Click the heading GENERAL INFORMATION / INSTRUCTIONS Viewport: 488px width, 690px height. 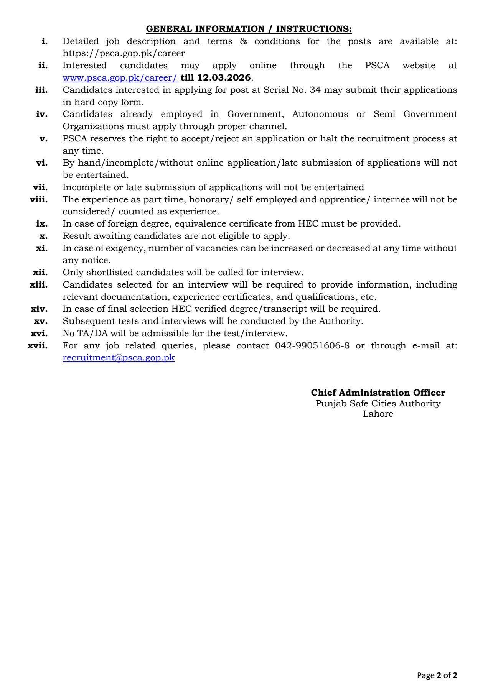(x=249, y=29)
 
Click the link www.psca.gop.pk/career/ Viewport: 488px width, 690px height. (x=120, y=78)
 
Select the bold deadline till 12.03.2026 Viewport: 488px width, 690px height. (x=215, y=78)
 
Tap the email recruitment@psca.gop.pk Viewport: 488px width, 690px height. (x=119, y=358)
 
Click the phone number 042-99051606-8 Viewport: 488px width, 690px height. (x=312, y=345)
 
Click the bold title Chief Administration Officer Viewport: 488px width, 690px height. (x=378, y=393)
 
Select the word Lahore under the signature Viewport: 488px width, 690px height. (x=378, y=414)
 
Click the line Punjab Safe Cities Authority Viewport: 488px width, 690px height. (x=378, y=403)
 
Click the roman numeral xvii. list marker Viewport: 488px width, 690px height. (x=38, y=345)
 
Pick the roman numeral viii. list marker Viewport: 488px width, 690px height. (x=39, y=199)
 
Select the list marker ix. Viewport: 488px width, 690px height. (x=41, y=223)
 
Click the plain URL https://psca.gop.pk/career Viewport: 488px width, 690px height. (x=124, y=53)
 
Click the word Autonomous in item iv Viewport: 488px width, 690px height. (x=320, y=114)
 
